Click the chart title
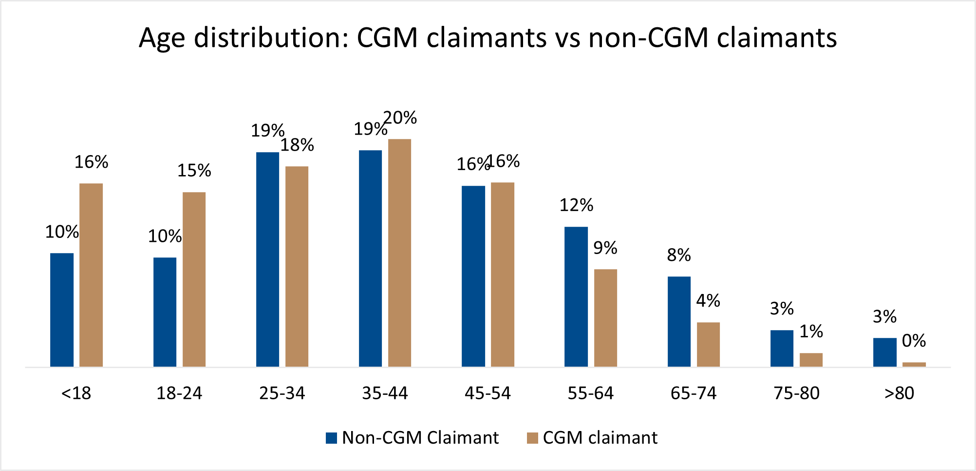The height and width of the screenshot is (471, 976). [x=488, y=38]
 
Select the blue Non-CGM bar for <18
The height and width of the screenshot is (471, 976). [x=62, y=310]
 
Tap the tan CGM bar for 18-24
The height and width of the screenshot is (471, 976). [x=194, y=279]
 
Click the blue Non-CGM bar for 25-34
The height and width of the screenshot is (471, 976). [x=267, y=259]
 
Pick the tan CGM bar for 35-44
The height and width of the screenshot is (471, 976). [x=399, y=253]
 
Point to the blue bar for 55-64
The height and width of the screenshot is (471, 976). [x=576, y=296]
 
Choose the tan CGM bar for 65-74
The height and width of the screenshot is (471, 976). [x=708, y=344]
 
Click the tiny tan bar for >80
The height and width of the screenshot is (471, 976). [x=914, y=364]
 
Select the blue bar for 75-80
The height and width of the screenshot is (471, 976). [x=782, y=348]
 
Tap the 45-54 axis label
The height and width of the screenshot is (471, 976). [x=488, y=393]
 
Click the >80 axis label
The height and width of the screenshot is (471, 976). [x=899, y=393]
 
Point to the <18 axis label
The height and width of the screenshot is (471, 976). [x=76, y=393]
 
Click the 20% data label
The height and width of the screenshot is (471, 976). [x=400, y=118]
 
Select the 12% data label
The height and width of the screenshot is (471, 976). [x=576, y=205]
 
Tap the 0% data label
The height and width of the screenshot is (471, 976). [x=914, y=340]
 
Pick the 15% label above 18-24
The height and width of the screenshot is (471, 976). [x=194, y=171]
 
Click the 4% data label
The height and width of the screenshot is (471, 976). [x=708, y=300]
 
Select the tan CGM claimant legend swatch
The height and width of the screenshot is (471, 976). [x=532, y=438]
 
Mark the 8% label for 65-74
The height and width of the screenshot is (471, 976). [x=679, y=255]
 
